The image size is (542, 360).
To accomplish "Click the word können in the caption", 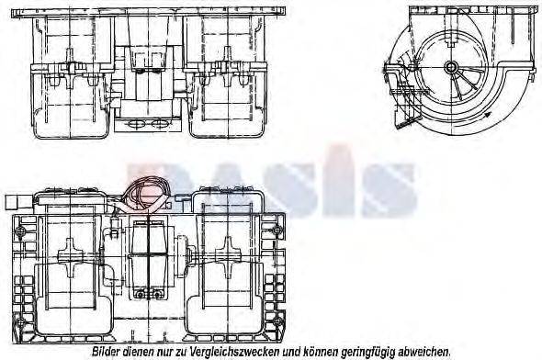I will [x=325, y=352].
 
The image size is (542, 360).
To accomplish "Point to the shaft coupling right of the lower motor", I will [x=181, y=248].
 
